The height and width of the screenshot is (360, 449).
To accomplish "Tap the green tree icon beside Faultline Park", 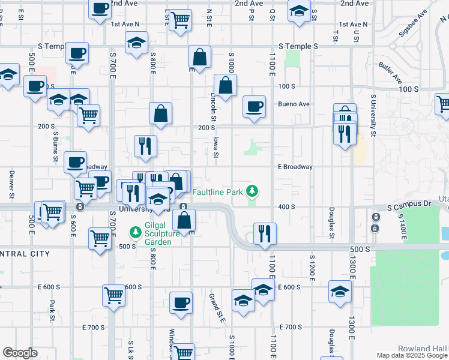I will pyautogui.click(x=253, y=191).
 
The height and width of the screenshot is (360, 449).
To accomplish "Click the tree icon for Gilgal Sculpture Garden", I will pyautogui.click(x=136, y=231).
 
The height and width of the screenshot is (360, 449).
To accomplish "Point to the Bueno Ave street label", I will pyautogui.click(x=294, y=104).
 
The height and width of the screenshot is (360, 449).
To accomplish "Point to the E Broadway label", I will pyautogui.click(x=295, y=167).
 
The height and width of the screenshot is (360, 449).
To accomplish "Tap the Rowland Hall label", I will pyautogui.click(x=422, y=348).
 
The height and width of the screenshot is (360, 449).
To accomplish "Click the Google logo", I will pyautogui.click(x=20, y=353).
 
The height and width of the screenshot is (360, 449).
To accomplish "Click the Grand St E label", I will pyautogui.click(x=216, y=307).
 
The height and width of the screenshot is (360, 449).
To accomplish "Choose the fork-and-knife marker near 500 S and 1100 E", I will pyautogui.click(x=265, y=233).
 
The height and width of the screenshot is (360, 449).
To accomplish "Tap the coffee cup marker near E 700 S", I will pyautogui.click(x=180, y=302).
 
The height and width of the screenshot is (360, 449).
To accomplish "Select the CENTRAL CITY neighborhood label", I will pyautogui.click(x=24, y=254).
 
